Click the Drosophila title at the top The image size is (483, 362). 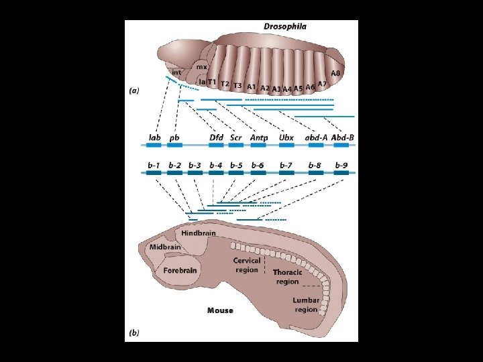285,27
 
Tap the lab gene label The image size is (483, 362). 154,138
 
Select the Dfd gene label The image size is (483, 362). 216,138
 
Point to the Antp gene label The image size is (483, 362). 259,138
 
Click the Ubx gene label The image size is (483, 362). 286,138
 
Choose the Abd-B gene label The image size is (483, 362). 343,138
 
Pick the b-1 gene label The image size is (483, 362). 154,165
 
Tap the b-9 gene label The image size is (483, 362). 341,165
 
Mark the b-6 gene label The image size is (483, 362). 258,165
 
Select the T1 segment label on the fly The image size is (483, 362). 213,82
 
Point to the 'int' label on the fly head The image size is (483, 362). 176,72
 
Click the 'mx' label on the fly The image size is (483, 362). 201,67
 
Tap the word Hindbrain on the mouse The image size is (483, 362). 199,233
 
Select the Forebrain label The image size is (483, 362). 180,269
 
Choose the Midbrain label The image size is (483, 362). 165,247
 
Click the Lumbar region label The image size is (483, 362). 306,305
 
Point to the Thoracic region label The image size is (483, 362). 287,277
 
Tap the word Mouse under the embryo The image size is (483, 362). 220,310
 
